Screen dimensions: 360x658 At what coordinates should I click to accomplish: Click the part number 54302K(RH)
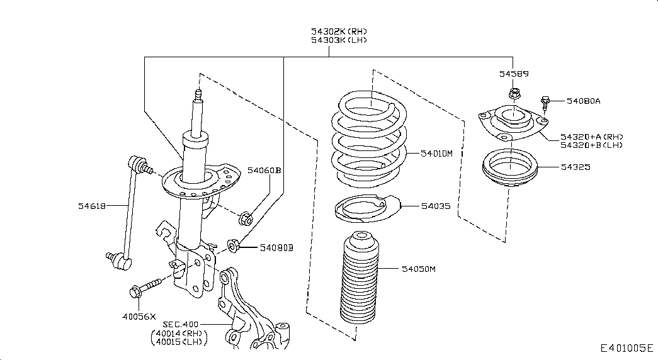click(338, 31)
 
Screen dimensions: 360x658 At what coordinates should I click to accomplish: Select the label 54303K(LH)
click(338, 40)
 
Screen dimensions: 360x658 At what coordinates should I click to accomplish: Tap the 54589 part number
click(513, 74)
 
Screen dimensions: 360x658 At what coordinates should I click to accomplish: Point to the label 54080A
click(583, 101)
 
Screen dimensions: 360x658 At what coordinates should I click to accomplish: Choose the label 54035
click(436, 206)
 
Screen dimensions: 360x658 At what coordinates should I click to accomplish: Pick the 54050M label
click(419, 269)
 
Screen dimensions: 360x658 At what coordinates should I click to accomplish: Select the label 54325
click(577, 167)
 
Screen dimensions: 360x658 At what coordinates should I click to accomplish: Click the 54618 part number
click(91, 205)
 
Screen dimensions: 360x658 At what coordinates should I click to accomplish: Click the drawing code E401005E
click(627, 348)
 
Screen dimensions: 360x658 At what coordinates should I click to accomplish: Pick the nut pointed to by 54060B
click(246, 220)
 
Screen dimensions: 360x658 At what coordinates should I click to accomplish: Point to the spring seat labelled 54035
click(361, 208)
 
